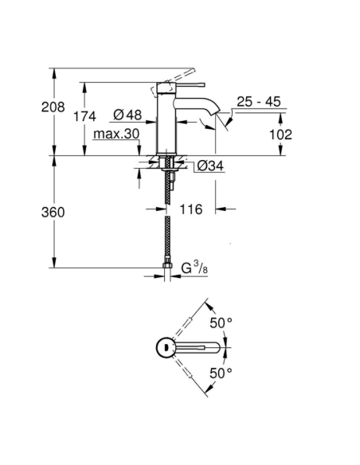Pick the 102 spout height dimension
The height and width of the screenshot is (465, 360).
pos(280,135)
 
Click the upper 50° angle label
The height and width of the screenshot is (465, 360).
pos(221,322)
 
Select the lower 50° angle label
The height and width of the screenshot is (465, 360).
pos(221,373)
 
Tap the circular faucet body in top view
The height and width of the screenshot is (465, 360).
pos(163,346)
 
